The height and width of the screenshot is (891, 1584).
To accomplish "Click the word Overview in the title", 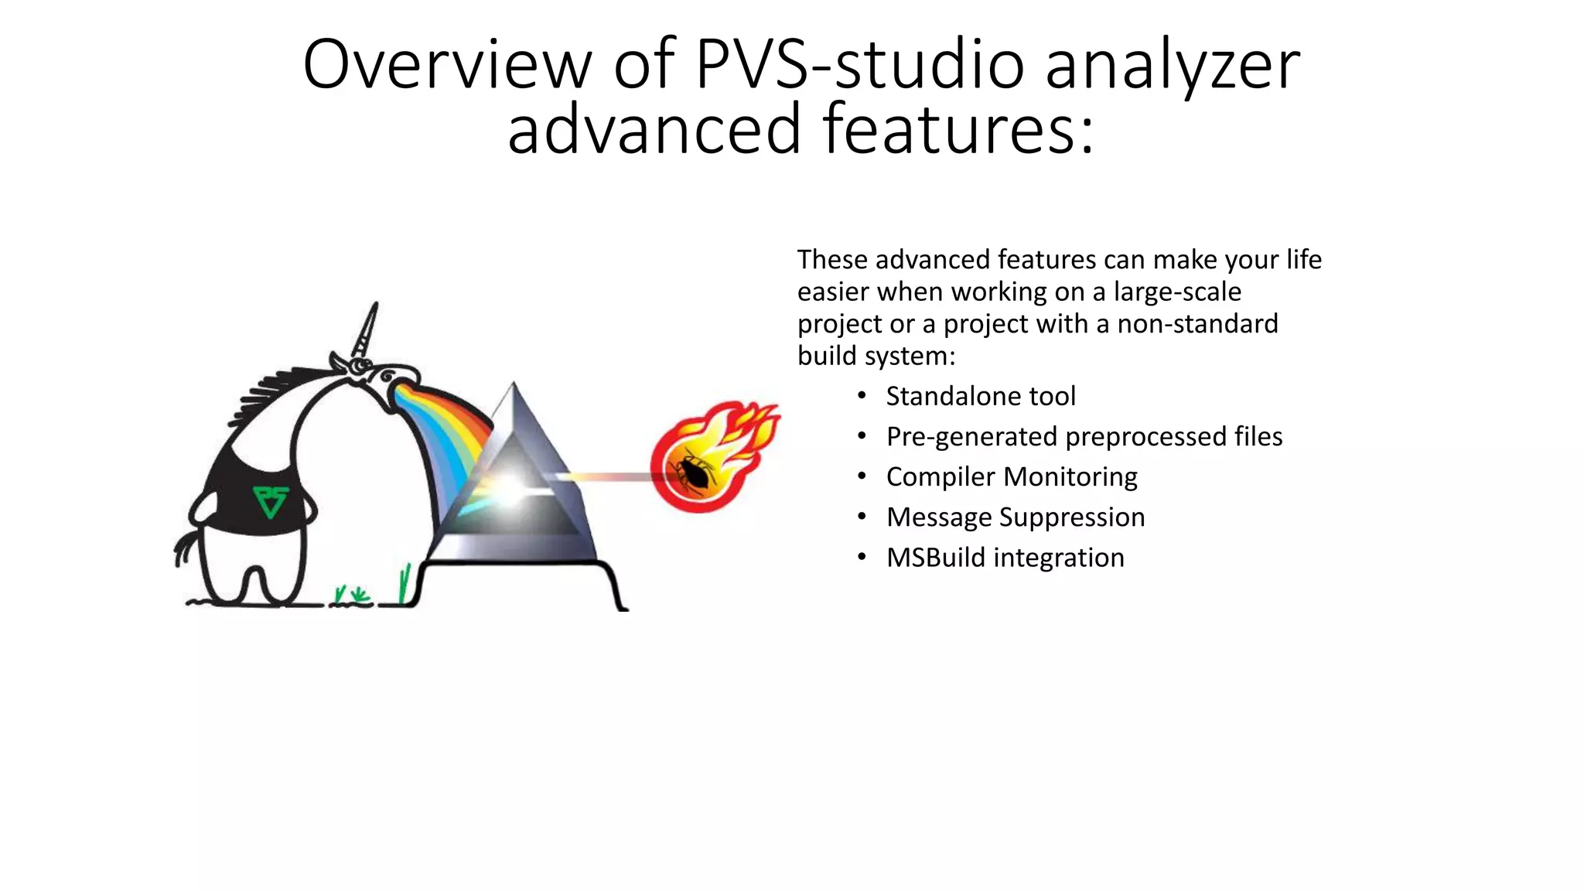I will coord(446,64).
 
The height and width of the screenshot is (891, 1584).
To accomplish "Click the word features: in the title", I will coord(958,129).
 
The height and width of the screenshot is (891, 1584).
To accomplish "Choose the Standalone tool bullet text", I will coord(980,396).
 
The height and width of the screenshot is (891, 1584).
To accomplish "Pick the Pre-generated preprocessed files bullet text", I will coord(1084,436).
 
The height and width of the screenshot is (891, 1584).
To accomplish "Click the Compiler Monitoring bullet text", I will coord(1011,476).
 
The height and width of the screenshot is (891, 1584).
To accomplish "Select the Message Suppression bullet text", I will coord(1015,517).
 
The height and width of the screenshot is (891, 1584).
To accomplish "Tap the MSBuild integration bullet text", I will coord(1005,557).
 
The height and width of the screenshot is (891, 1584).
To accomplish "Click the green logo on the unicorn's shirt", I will coord(270,501).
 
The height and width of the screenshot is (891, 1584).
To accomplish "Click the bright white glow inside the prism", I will coord(510,486).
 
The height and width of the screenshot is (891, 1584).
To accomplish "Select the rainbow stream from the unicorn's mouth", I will coord(445,433).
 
